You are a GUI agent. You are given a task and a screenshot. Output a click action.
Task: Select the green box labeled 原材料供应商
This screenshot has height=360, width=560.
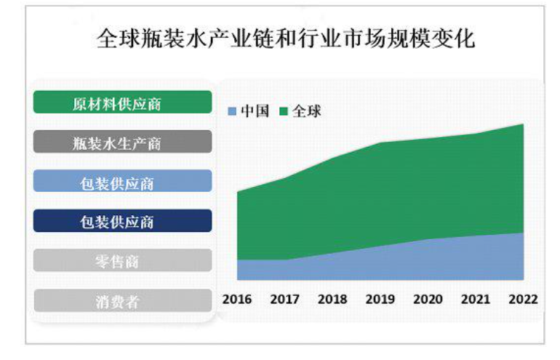point(122,103)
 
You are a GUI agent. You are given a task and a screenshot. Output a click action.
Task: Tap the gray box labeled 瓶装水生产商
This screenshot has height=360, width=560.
point(122,142)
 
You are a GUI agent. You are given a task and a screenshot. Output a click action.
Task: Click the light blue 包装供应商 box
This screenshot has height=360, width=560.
point(122,181)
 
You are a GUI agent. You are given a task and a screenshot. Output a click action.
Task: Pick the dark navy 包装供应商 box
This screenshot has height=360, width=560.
point(122,221)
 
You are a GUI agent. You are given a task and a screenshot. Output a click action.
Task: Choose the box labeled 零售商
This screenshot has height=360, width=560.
point(122,260)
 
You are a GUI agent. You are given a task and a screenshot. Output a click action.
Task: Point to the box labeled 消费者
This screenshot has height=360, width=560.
point(122,300)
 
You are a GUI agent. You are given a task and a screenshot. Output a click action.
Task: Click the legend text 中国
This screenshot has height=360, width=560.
point(255,111)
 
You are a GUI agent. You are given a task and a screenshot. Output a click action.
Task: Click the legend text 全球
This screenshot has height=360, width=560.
point(306,111)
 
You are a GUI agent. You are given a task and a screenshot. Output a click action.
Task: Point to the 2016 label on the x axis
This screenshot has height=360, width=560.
point(236,300)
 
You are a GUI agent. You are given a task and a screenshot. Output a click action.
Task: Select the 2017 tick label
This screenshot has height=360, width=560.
point(284,300)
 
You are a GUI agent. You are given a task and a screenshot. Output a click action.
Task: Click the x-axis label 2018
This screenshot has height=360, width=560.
point(332,300)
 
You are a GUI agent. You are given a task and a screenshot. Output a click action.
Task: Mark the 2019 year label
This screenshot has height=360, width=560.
point(380,300)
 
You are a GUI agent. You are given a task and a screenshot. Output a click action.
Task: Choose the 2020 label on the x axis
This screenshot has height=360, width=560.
point(428,300)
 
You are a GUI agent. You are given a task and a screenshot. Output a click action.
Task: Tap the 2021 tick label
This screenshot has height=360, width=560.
point(476,300)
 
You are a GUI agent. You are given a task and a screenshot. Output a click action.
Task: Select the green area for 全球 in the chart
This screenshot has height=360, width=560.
point(393,189)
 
